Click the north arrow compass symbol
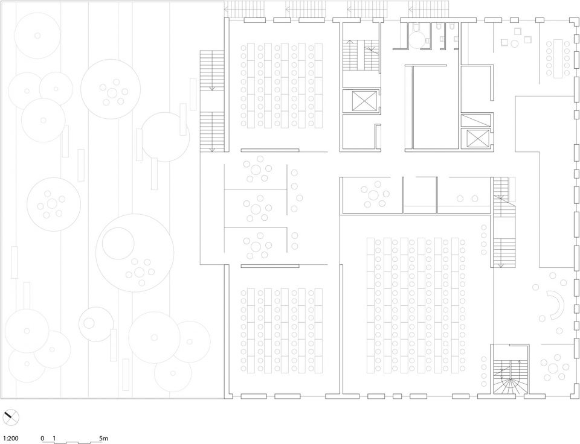(x=11, y=418)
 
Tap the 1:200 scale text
(x=11, y=439)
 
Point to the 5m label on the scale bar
(x=104, y=439)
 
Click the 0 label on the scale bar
(x=42, y=439)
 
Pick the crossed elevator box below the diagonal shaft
(x=478, y=139)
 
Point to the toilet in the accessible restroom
(x=416, y=27)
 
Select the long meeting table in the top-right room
(x=558, y=59)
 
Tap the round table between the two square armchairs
(x=515, y=44)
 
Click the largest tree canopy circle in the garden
(x=135, y=253)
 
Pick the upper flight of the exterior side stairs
(x=212, y=70)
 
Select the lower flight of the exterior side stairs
(x=212, y=132)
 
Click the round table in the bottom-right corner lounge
(x=553, y=368)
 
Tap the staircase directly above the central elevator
(x=361, y=55)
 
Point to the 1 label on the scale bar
(x=54, y=439)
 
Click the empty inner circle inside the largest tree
(x=118, y=243)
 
